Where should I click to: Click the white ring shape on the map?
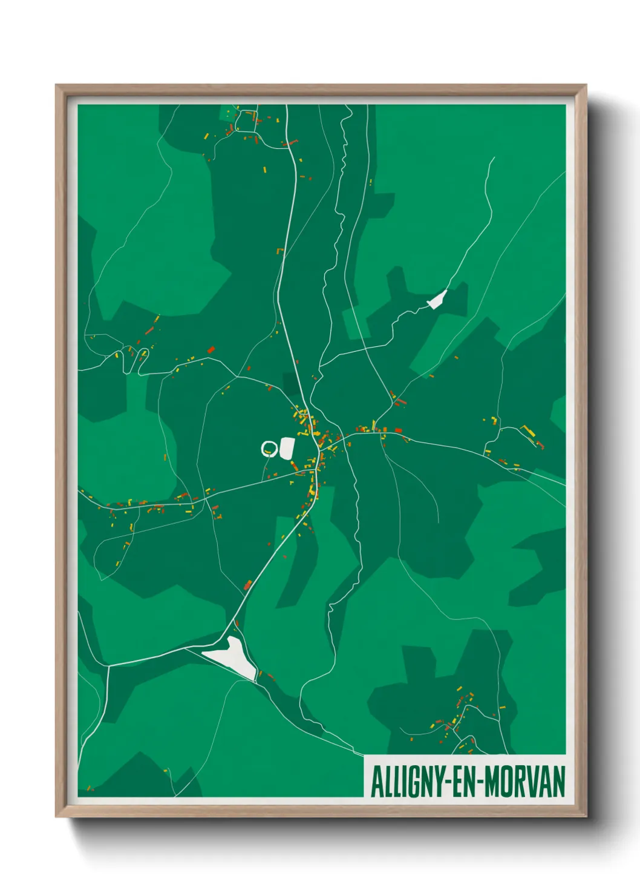pos(269,449)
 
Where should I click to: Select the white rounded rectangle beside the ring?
pos(286,448)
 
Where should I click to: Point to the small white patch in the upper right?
pos(437,300)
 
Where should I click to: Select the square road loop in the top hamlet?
pos(246,122)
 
